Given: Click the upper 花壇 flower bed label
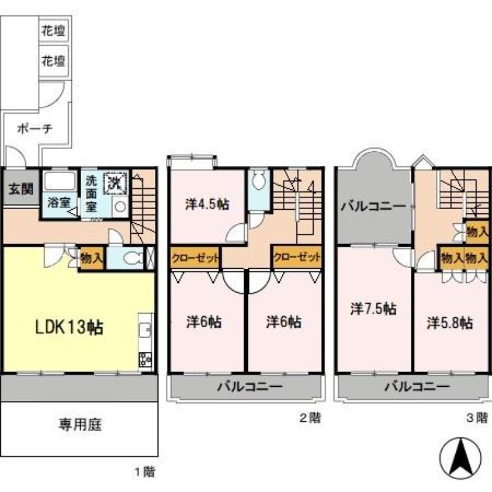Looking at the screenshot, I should click(x=54, y=30).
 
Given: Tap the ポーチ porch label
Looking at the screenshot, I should click(x=35, y=129).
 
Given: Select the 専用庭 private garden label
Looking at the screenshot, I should click(x=80, y=424).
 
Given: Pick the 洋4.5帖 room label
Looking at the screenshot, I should click(x=207, y=204).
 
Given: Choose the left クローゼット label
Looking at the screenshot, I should click(x=195, y=258).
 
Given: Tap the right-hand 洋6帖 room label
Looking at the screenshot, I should click(x=284, y=321).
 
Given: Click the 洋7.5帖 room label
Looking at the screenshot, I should click(x=373, y=309).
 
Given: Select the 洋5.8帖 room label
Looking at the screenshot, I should click(x=450, y=322).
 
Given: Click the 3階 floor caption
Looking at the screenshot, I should click(x=476, y=418).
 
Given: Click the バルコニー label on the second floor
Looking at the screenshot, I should click(x=249, y=387).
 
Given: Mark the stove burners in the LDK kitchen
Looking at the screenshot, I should click(x=146, y=358).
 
